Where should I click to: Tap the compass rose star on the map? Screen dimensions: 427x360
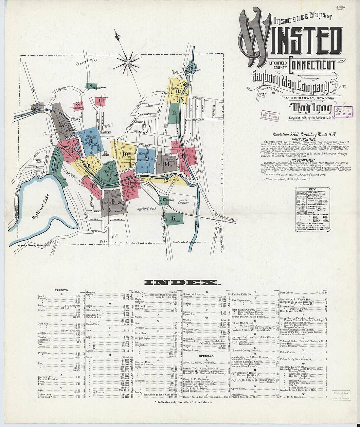point(127,62)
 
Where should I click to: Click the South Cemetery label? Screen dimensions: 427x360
point(184,201)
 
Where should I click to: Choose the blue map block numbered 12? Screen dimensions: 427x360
point(146,159)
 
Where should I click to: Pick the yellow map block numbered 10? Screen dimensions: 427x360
point(125,154)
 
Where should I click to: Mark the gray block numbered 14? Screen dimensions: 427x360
point(167,164)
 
